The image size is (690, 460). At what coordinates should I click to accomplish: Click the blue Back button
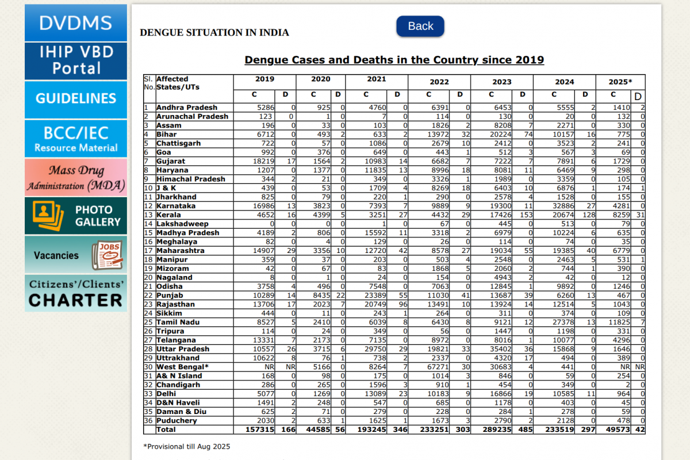[420, 26]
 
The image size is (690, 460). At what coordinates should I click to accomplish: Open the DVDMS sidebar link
[76, 23]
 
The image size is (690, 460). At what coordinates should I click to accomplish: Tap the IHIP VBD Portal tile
[76, 60]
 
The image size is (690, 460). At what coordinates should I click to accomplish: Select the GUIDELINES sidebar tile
[76, 99]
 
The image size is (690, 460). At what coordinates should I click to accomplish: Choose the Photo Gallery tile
[76, 216]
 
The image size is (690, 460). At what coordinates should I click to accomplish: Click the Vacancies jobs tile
[76, 255]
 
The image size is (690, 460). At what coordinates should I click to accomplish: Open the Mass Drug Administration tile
[76, 177]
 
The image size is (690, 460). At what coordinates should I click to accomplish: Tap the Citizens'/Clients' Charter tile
[76, 293]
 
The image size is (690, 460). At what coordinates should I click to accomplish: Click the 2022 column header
[439, 82]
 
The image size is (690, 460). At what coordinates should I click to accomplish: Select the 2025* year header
[620, 82]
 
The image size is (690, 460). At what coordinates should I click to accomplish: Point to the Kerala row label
[168, 214]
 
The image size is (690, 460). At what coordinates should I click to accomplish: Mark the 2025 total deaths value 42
[639, 430]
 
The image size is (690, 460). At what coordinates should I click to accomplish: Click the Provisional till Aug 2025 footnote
[186, 446]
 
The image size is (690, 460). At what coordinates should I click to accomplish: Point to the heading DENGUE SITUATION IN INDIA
[214, 33]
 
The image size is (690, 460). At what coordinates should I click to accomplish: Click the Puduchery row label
[177, 420]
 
